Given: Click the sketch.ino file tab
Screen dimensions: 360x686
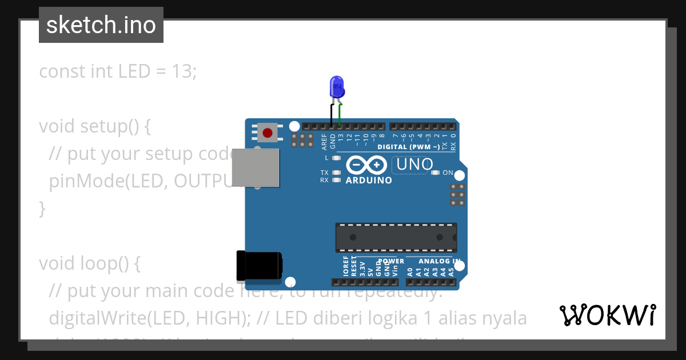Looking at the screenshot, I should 101,25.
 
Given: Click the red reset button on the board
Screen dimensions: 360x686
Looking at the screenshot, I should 267,133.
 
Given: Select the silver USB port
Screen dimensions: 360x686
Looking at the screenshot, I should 256,167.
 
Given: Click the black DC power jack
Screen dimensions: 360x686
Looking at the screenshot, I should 259,266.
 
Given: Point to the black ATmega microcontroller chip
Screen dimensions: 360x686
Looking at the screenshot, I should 396,237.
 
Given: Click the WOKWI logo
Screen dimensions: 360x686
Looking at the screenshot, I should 608,315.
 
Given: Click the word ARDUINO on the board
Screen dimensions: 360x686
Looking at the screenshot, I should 369,181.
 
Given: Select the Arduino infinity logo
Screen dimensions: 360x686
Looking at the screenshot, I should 366,166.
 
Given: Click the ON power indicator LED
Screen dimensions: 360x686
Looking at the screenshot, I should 435,173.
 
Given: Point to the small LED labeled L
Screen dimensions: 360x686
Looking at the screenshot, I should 336,158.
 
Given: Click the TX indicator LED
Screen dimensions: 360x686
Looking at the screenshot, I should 336,173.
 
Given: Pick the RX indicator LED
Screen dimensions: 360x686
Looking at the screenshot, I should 336,180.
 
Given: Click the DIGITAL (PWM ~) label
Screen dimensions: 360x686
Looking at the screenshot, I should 409,147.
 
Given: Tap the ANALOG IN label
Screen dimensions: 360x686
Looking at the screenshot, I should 440,261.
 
